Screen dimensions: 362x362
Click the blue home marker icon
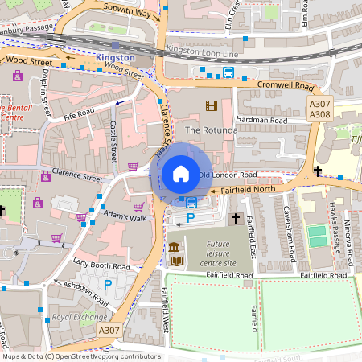[x=181, y=174]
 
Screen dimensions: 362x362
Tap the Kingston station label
[x=116, y=58]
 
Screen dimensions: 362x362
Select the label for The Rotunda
[x=211, y=130]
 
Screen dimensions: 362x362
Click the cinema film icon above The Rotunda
[x=211, y=105]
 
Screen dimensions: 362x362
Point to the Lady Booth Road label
[x=101, y=265]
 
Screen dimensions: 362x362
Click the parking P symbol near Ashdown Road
[x=108, y=284]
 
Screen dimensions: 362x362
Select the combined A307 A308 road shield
[x=320, y=109]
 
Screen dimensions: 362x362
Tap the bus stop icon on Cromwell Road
[x=228, y=72]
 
